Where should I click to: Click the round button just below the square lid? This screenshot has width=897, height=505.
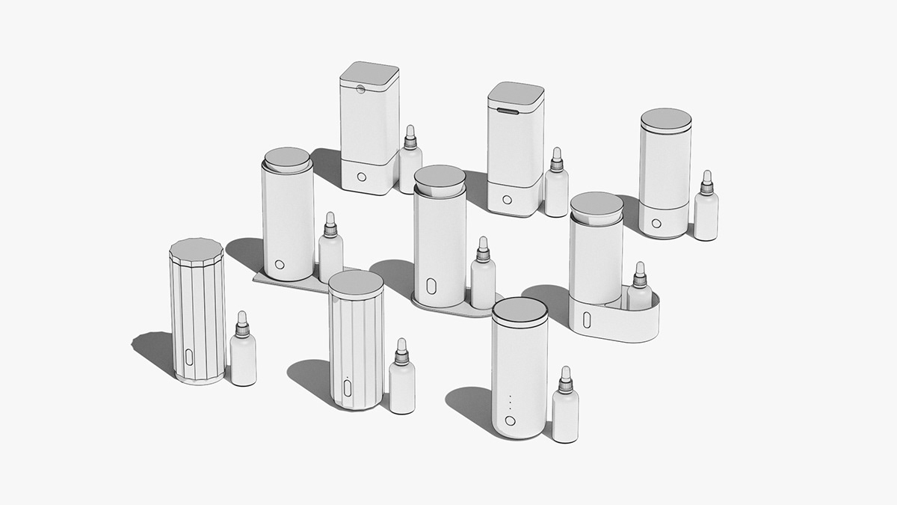click(x=360, y=88)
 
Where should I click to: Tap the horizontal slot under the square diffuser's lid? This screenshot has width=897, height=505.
click(x=507, y=111)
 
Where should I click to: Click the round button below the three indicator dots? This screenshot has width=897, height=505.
click(x=511, y=420)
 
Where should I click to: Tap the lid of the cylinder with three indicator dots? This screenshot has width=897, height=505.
click(x=520, y=310)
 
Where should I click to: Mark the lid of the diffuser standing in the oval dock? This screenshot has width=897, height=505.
click(x=597, y=204)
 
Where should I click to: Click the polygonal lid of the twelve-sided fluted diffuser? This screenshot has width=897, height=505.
click(x=197, y=248)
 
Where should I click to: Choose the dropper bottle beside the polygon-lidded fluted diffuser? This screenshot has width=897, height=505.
click(x=243, y=353)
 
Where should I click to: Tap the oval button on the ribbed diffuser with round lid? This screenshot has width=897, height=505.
click(x=348, y=388)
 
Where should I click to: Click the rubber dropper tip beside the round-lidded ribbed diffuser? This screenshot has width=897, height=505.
click(x=401, y=345)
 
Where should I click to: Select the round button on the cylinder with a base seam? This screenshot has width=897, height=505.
click(x=656, y=223)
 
